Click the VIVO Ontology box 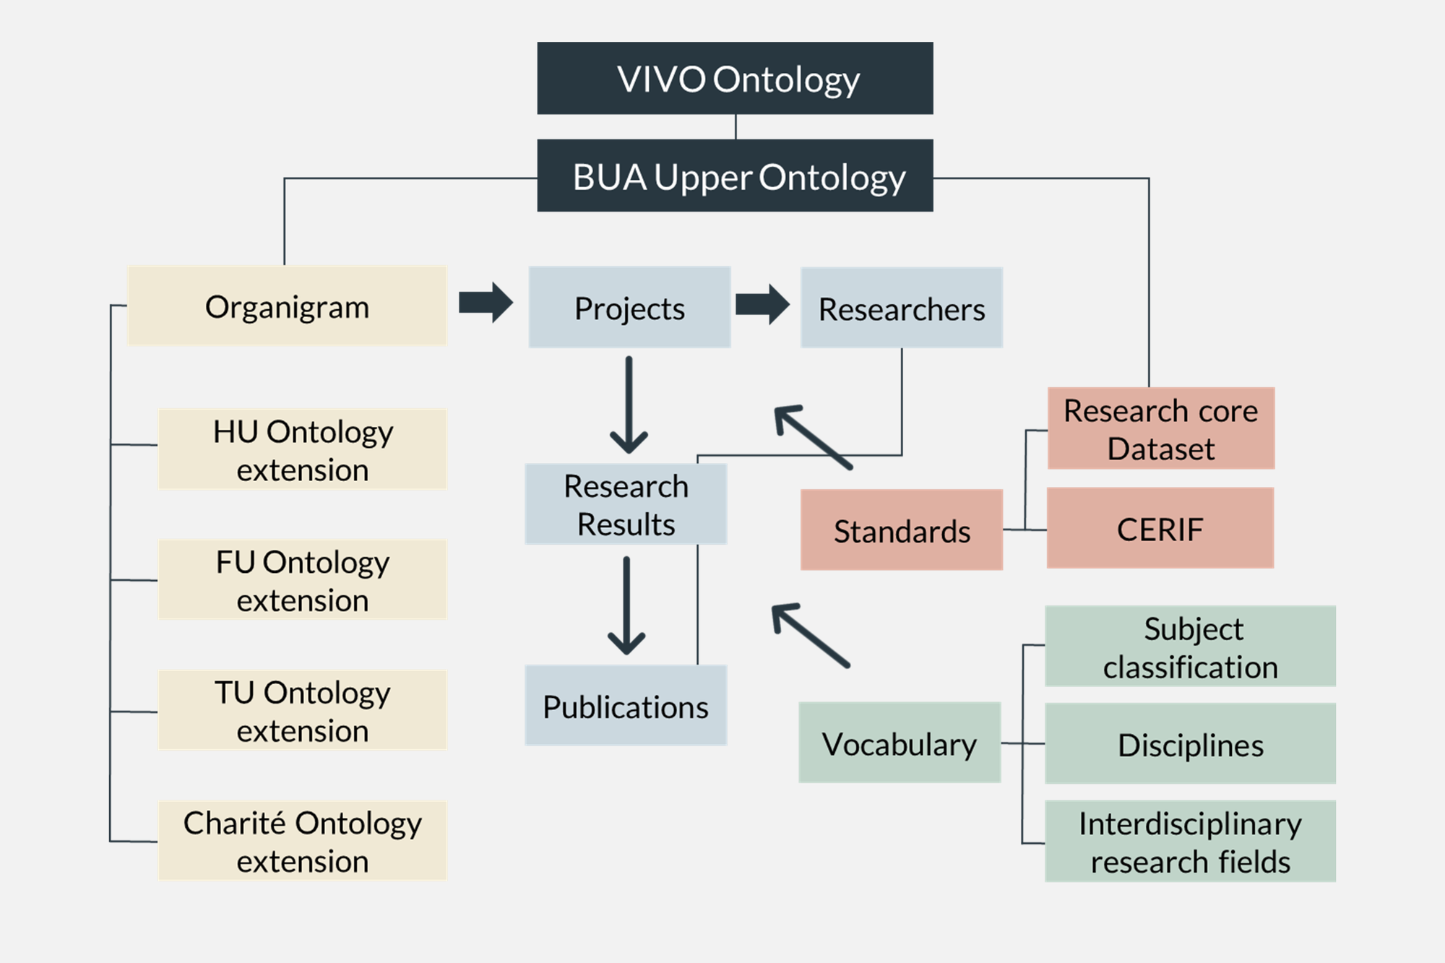735,78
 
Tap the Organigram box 287,306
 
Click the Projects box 629,307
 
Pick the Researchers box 901,308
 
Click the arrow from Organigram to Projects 486,303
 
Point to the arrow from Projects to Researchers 762,304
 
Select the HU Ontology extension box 302,449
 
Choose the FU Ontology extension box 302,579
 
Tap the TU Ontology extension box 302,710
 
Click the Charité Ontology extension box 302,840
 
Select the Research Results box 626,504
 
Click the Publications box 626,705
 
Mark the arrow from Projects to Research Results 629,405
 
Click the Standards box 901,530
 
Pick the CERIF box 1160,528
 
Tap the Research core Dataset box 1160,428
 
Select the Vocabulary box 900,743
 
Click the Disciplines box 1190,743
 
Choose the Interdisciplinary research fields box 1190,841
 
